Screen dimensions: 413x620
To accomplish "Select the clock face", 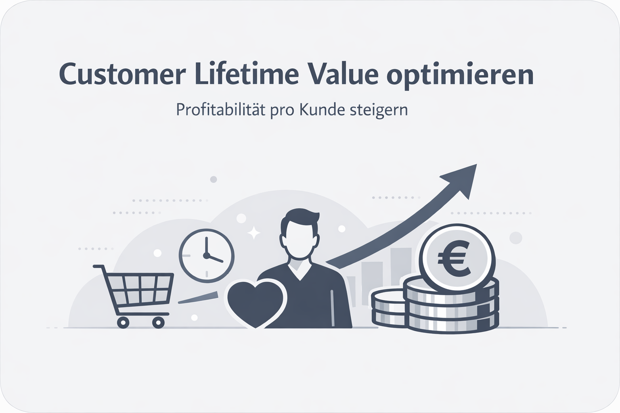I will [206, 254].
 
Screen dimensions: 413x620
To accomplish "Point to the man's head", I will [299, 238].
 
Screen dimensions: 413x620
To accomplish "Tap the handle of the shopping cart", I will [99, 267].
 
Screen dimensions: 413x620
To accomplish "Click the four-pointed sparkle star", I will [253, 232].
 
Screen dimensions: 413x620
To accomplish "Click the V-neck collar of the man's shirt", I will [299, 271].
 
